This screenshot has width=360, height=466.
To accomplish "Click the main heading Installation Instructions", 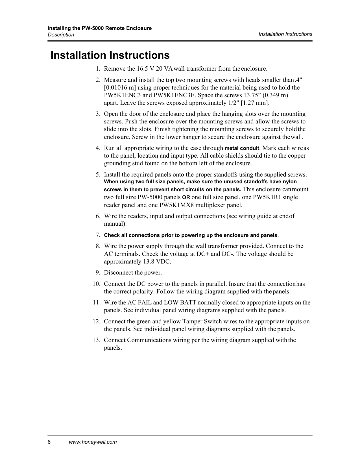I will (x=110, y=55).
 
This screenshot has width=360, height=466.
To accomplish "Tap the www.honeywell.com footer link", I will (x=93, y=442).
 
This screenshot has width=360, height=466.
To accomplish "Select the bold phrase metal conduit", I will (x=242, y=148).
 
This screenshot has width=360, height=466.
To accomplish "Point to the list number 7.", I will (x=98, y=235).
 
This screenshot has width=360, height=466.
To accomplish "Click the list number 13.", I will (x=96, y=340).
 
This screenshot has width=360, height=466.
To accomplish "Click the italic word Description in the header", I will (x=61, y=35).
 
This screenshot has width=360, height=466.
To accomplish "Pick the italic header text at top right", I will (x=285, y=34).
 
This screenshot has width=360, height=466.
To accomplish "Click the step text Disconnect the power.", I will (x=133, y=273).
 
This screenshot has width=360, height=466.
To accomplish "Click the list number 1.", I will (x=98, y=69).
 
